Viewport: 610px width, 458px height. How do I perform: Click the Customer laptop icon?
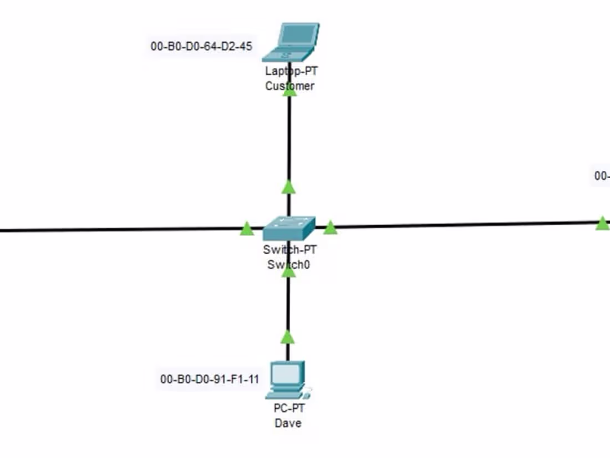point(291,42)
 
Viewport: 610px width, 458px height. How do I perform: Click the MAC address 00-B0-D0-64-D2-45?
point(201,46)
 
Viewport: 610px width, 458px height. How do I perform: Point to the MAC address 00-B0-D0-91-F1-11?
point(210,380)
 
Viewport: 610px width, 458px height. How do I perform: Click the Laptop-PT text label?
point(291,71)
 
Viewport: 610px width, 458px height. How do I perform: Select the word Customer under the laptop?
point(289,86)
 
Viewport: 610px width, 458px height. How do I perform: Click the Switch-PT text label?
point(289,250)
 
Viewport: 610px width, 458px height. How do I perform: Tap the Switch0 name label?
point(288,265)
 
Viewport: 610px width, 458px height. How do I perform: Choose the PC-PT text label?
point(289,409)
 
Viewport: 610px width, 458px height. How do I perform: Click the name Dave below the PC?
point(288,423)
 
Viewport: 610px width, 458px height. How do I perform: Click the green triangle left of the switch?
point(247,228)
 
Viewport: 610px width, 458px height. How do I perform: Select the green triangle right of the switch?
point(330,228)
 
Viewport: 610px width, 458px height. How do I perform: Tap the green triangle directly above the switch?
point(288,187)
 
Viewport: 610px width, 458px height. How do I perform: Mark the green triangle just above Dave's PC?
point(287,337)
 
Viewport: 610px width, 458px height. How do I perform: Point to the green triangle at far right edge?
point(602,223)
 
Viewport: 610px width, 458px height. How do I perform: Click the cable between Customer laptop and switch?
point(289,139)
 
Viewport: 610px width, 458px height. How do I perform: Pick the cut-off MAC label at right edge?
point(602,176)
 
